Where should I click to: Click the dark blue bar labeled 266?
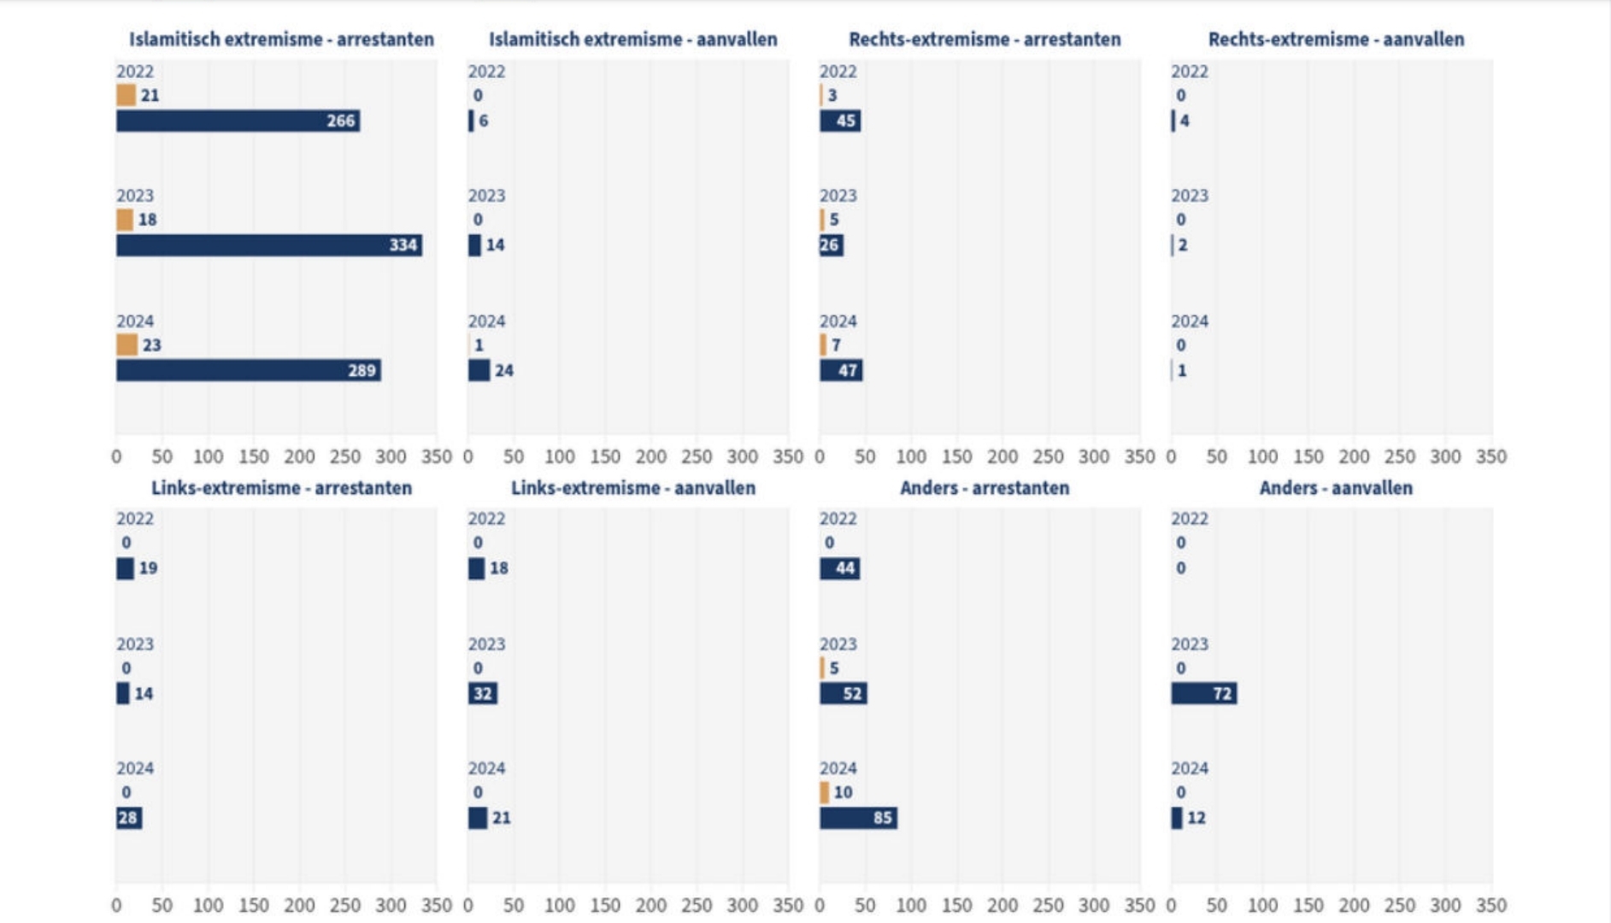point(238,121)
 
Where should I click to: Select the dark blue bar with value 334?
point(268,245)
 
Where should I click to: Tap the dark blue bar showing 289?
point(248,370)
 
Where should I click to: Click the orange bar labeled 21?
point(126,95)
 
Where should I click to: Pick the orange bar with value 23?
point(126,345)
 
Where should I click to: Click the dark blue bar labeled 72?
point(1203,693)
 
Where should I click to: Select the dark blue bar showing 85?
point(857,818)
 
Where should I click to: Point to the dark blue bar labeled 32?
point(482,693)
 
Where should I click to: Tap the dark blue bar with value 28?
point(129,818)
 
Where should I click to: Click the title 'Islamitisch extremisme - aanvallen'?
point(632,39)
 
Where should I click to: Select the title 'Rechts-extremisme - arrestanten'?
point(985,39)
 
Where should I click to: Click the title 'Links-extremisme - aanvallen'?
point(632,488)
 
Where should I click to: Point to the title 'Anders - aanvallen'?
point(1336,488)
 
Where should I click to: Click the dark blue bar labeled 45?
point(840,121)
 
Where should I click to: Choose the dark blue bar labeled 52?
point(843,693)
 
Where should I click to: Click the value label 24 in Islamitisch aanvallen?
point(504,371)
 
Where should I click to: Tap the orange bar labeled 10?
point(824,792)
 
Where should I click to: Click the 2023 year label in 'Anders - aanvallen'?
point(1189,644)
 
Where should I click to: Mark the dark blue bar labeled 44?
point(839,568)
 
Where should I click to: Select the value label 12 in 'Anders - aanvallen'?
point(1196,818)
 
